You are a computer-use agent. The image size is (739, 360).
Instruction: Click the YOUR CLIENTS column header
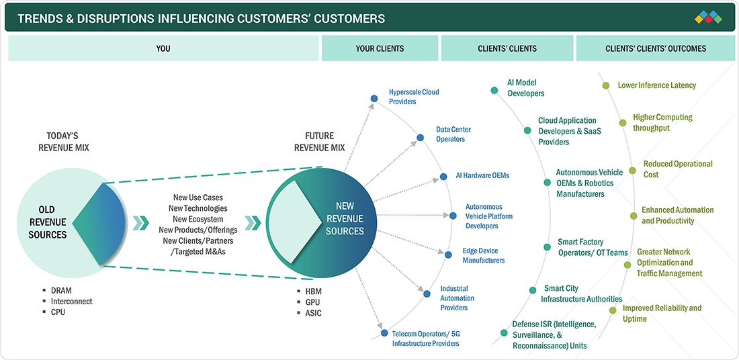pyautogui.click(x=380, y=48)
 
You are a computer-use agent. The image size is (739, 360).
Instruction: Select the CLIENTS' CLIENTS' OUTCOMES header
pyautogui.click(x=656, y=48)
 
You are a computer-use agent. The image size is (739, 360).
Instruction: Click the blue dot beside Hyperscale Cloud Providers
pyautogui.click(x=374, y=98)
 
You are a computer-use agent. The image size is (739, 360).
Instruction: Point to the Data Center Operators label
pyautogui.click(x=453, y=134)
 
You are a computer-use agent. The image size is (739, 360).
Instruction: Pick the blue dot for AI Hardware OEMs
pyautogui.click(x=443, y=177)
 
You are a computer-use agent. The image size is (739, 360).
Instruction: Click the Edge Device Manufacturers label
pyautogui.click(x=483, y=256)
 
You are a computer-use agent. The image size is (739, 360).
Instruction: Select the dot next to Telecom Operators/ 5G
pyautogui.click(x=384, y=332)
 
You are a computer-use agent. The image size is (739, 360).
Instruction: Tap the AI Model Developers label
pyautogui.click(x=525, y=88)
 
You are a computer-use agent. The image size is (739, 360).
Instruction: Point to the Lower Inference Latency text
pyautogui.click(x=656, y=85)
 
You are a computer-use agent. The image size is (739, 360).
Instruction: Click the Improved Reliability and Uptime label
pyautogui.click(x=662, y=313)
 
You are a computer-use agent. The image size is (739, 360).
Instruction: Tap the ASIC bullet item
pyautogui.click(x=313, y=313)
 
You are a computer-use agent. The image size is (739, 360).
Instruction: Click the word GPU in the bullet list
pyautogui.click(x=312, y=302)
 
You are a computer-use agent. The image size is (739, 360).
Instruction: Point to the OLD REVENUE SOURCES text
pyautogui.click(x=47, y=223)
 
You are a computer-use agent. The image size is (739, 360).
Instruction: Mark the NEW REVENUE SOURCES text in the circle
pyautogui.click(x=345, y=219)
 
